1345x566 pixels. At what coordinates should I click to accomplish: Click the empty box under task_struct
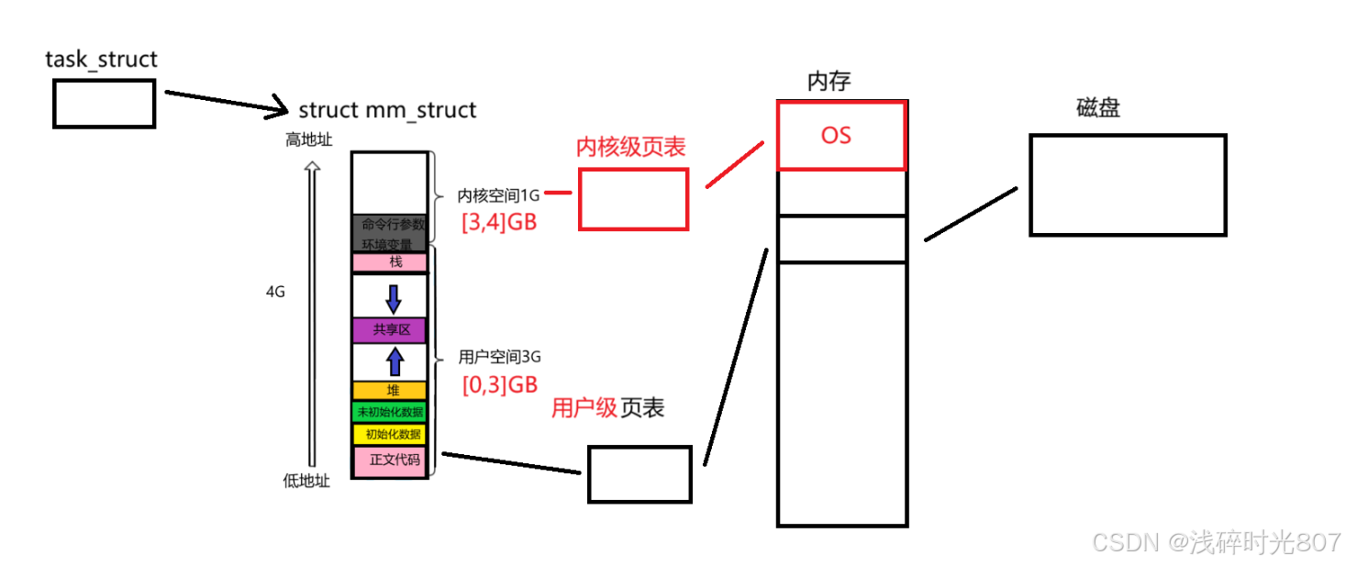pyautogui.click(x=104, y=103)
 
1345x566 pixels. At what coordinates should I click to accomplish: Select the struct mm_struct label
pyautogui.click(x=387, y=110)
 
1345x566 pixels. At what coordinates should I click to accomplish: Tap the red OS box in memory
pyautogui.click(x=841, y=136)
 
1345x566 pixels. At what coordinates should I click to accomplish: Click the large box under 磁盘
pyautogui.click(x=1128, y=185)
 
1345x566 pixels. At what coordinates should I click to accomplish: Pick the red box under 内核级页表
pyautogui.click(x=633, y=198)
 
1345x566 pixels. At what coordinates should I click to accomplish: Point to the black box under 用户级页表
pyautogui.click(x=639, y=474)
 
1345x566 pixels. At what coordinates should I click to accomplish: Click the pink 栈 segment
pyautogui.click(x=390, y=262)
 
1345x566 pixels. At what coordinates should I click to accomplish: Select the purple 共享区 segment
pyautogui.click(x=390, y=330)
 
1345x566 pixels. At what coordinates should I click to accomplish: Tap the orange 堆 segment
pyautogui.click(x=390, y=391)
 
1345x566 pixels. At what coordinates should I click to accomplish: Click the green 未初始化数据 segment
pyautogui.click(x=390, y=412)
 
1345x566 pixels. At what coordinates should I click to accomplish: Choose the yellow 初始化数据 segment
pyautogui.click(x=390, y=434)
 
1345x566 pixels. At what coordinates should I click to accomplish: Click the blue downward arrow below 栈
pyautogui.click(x=394, y=298)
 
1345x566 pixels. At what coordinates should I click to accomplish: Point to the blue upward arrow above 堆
pyautogui.click(x=395, y=361)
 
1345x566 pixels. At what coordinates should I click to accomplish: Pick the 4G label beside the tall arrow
pyautogui.click(x=275, y=293)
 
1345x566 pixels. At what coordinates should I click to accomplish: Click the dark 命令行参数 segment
pyautogui.click(x=390, y=224)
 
